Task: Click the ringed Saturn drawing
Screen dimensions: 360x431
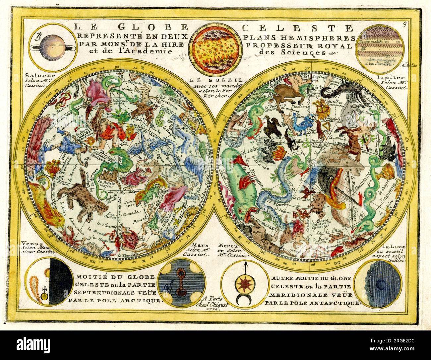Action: click(50, 48)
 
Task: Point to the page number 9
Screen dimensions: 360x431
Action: click(405, 24)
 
